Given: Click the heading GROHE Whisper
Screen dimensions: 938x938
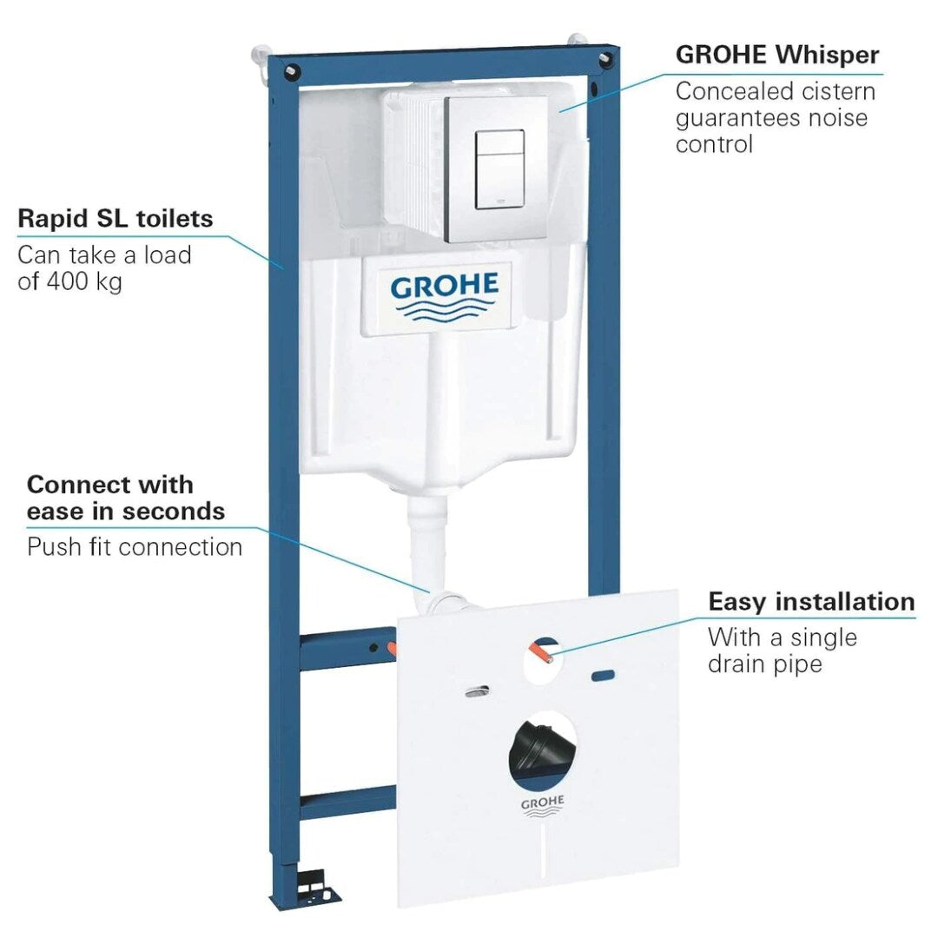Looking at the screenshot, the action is pyautogui.click(x=777, y=55).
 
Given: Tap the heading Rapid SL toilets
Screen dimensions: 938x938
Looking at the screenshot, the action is pyautogui.click(x=116, y=218).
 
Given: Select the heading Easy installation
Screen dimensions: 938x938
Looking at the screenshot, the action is pyautogui.click(x=811, y=601).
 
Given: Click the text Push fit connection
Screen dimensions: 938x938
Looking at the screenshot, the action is pyautogui.click(x=135, y=547).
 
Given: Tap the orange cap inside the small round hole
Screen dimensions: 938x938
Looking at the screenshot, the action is pyautogui.click(x=542, y=654).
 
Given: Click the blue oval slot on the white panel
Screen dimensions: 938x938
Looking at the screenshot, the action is pyautogui.click(x=603, y=676).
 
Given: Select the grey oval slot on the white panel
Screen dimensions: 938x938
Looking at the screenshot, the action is pyautogui.click(x=477, y=692).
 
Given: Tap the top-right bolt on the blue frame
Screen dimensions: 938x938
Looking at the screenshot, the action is pyautogui.click(x=605, y=61).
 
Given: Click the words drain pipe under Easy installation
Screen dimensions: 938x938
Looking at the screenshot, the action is pyautogui.click(x=765, y=664).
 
